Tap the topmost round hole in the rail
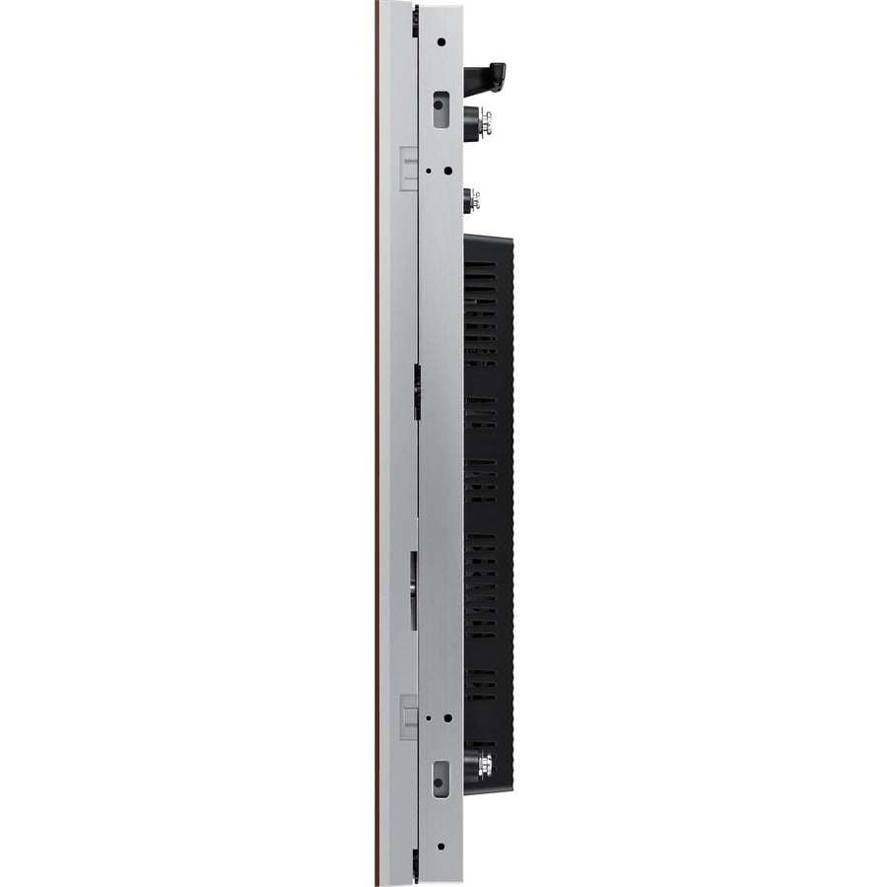pos(441,42)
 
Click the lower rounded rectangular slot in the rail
pos(441,775)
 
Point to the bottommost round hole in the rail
pos(441,845)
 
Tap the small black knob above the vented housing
pos(470,198)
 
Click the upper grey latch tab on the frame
pos(409,167)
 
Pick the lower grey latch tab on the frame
pos(409,716)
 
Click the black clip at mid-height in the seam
pos(417,390)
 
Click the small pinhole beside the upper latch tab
pos(427,170)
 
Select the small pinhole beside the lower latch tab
pos(427,717)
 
